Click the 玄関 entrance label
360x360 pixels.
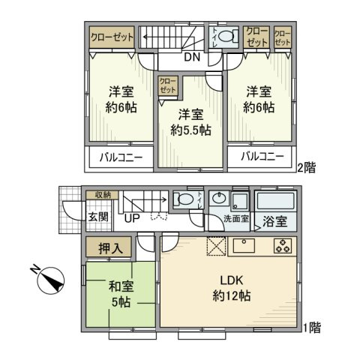pyautogui.click(x=98, y=218)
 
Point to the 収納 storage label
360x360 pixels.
pyautogui.click(x=102, y=195)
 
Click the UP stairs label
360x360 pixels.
pyautogui.click(x=132, y=218)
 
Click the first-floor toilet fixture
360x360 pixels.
pyautogui.click(x=184, y=199)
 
